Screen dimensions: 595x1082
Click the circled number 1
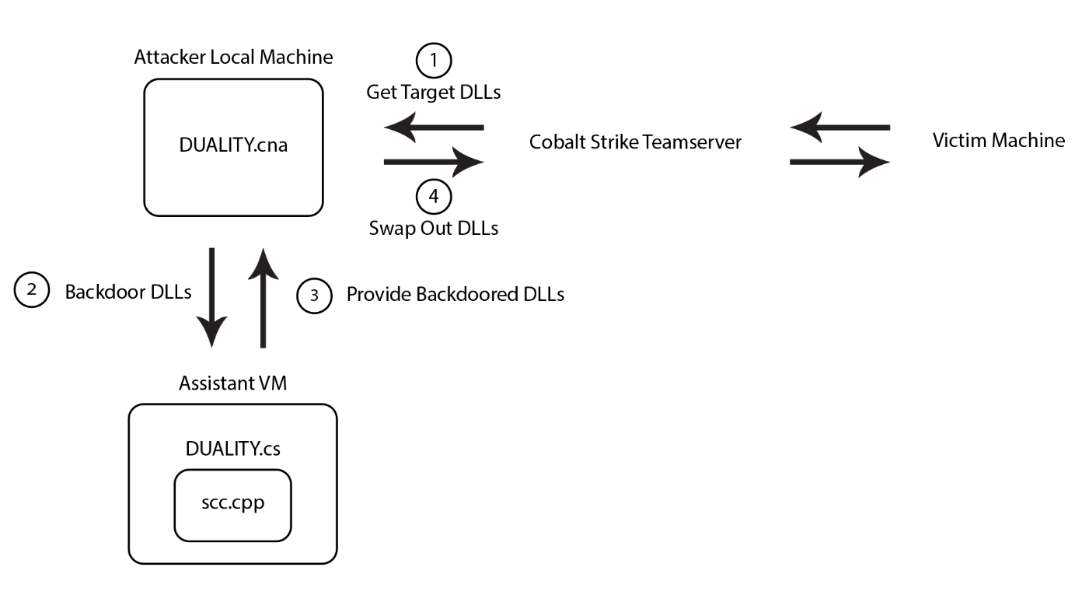coord(434,60)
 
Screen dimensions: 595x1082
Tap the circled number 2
coord(31,291)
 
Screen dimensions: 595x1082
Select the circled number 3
coord(314,295)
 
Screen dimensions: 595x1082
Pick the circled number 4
coord(434,197)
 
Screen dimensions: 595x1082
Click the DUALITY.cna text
coord(232,145)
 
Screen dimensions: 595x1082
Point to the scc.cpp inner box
coord(232,505)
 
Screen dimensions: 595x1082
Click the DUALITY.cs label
coord(232,449)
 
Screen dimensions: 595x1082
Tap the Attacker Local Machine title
coord(233,58)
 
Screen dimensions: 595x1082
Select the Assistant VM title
coord(233,383)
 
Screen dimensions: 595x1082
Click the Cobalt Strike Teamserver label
coord(635,142)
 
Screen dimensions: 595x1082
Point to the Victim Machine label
coord(998,141)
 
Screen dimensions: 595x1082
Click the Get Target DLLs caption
coord(434,93)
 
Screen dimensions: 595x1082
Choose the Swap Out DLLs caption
coord(434,229)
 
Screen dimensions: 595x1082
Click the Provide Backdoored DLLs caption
coord(455,295)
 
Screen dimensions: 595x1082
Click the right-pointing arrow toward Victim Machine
coord(839,163)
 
